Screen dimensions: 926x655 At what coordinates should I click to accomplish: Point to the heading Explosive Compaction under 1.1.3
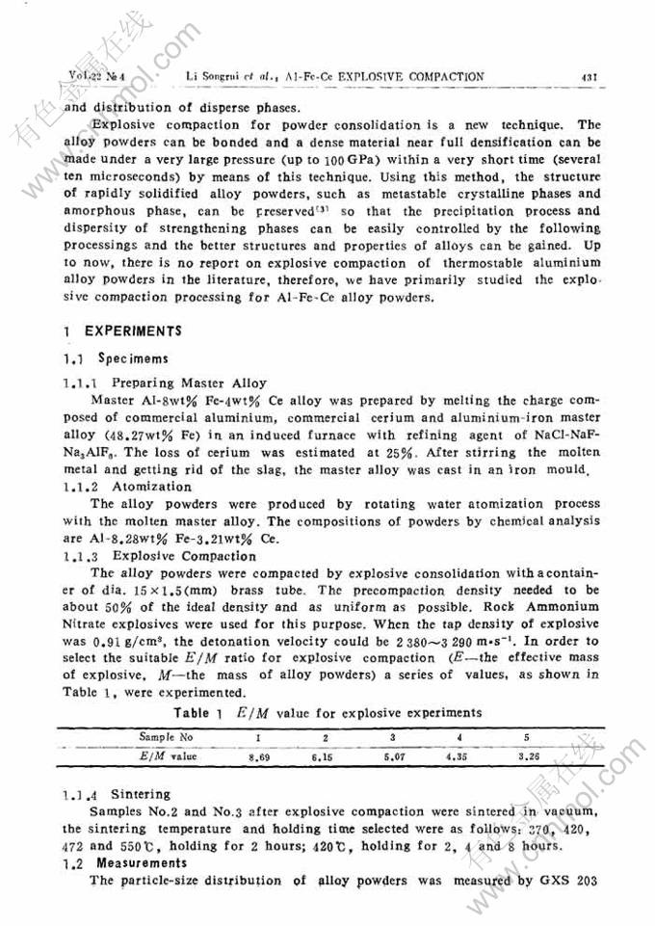point(185,556)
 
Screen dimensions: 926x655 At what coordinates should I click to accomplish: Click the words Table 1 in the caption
point(200,713)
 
